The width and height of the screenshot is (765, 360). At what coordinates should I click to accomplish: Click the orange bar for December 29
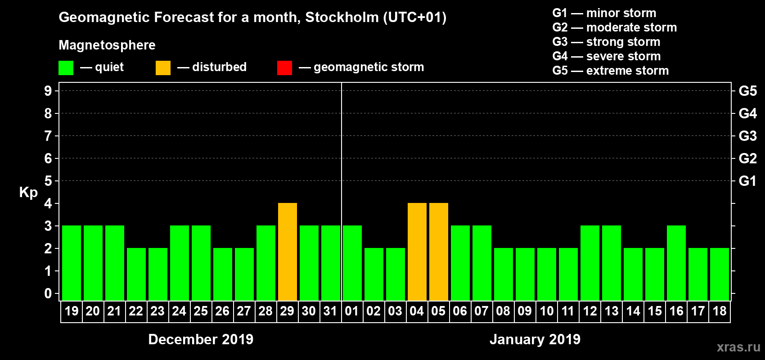tap(288, 252)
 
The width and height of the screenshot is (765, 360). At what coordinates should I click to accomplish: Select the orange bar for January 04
tap(417, 252)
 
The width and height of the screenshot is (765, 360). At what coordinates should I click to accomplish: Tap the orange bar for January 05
tap(439, 252)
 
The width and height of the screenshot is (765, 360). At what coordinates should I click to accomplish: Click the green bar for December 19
tap(72, 263)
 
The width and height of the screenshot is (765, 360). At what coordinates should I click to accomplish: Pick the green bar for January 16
tap(676, 263)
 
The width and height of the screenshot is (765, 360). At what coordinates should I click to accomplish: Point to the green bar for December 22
tap(136, 274)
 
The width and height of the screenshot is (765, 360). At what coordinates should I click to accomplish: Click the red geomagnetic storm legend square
tap(284, 68)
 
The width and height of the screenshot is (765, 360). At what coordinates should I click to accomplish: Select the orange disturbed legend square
tap(163, 68)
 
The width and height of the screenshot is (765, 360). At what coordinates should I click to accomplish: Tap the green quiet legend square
tap(66, 68)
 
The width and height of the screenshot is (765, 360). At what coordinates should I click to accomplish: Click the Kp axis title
tap(28, 193)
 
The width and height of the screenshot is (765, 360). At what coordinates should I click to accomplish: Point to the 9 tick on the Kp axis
tap(48, 91)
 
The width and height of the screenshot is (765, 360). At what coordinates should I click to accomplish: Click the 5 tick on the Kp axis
tap(48, 181)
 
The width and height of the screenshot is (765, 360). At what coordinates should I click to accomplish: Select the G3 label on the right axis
tap(747, 136)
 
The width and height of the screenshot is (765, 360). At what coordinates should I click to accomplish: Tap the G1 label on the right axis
tap(747, 181)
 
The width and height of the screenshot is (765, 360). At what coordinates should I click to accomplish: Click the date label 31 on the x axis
tap(330, 311)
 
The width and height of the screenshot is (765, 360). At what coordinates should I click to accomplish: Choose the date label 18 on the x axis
tap(720, 311)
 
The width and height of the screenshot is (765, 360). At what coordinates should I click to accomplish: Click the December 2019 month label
tap(201, 339)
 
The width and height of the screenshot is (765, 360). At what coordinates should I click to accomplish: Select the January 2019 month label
tap(535, 339)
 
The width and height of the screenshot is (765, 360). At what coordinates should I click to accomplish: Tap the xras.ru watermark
tap(738, 347)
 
